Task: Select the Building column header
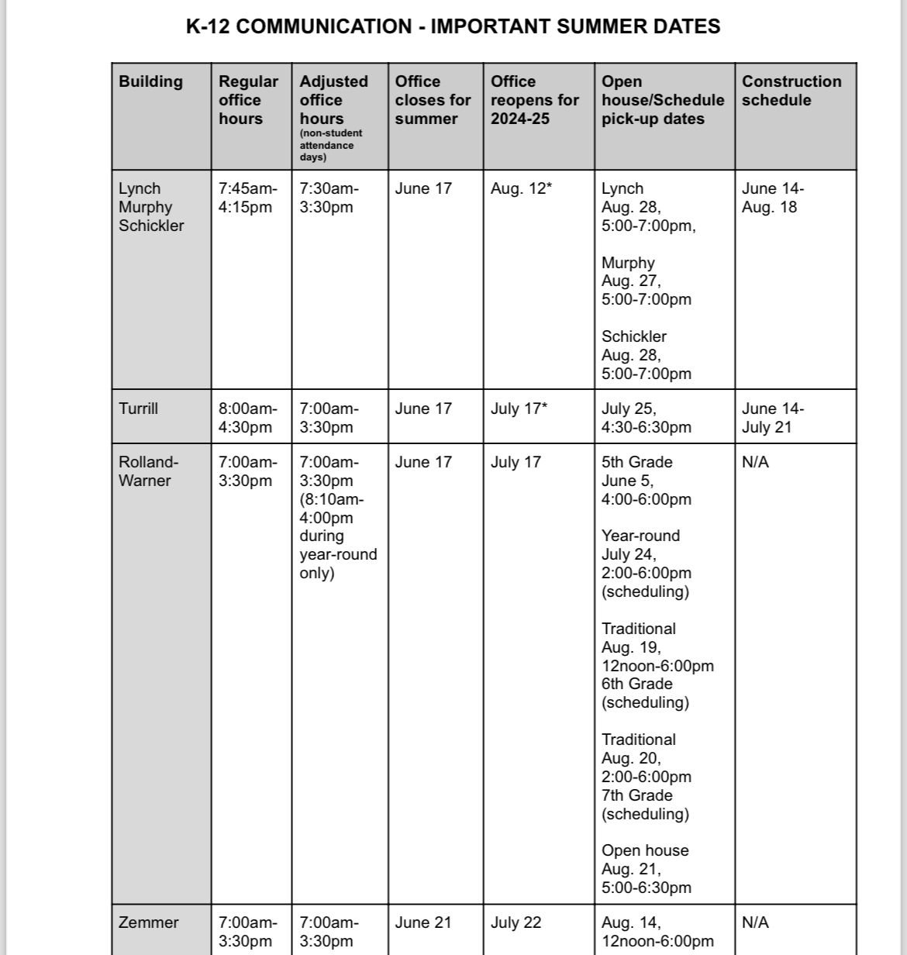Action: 151,82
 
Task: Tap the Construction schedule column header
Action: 791,91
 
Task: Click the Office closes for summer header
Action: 433,100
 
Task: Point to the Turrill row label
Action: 139,409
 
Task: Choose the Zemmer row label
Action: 149,922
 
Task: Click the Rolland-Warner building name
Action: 148,471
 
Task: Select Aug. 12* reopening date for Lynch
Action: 521,188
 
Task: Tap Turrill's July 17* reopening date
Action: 519,409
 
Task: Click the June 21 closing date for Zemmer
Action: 423,922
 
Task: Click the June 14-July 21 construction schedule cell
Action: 773,418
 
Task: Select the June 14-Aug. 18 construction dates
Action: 773,198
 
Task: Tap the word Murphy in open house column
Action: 628,263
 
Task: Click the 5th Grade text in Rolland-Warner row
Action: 637,462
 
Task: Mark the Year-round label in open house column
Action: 640,536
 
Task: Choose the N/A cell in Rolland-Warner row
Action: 755,462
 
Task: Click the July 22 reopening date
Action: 516,922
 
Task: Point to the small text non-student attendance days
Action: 331,145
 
